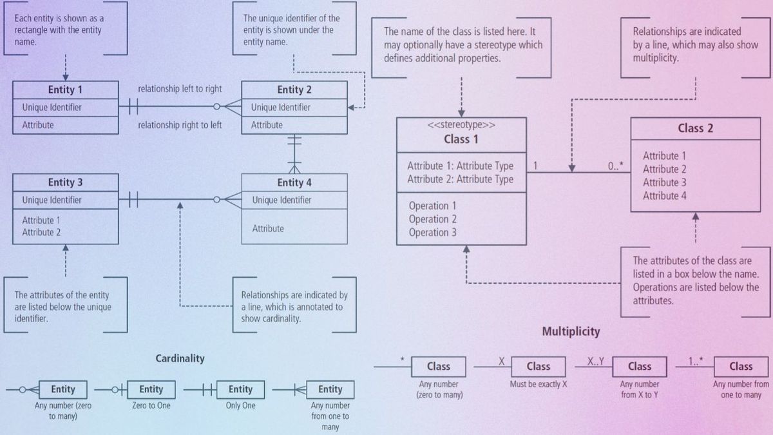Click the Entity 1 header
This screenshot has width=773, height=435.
[65, 90]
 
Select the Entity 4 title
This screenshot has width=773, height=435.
[294, 182]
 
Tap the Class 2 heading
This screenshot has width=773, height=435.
[695, 128]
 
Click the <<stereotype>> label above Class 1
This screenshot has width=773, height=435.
[461, 125]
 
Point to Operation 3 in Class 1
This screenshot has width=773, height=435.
[432, 233]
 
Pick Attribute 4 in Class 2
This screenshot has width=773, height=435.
[664, 196]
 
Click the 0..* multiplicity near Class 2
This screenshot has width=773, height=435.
[616, 166]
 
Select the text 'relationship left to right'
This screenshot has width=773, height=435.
[180, 89]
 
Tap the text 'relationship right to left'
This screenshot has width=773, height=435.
[180, 125]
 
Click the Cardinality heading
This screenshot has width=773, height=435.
[180, 358]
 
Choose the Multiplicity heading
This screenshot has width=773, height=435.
[571, 332]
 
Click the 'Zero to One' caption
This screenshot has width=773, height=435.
[151, 406]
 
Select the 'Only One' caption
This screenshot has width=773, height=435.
[241, 406]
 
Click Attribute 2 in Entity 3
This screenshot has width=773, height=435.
[41, 232]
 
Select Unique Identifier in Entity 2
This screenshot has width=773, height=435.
[281, 108]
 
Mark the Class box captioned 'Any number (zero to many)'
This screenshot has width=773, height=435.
[439, 366]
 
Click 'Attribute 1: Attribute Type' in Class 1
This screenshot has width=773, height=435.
[460, 166]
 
